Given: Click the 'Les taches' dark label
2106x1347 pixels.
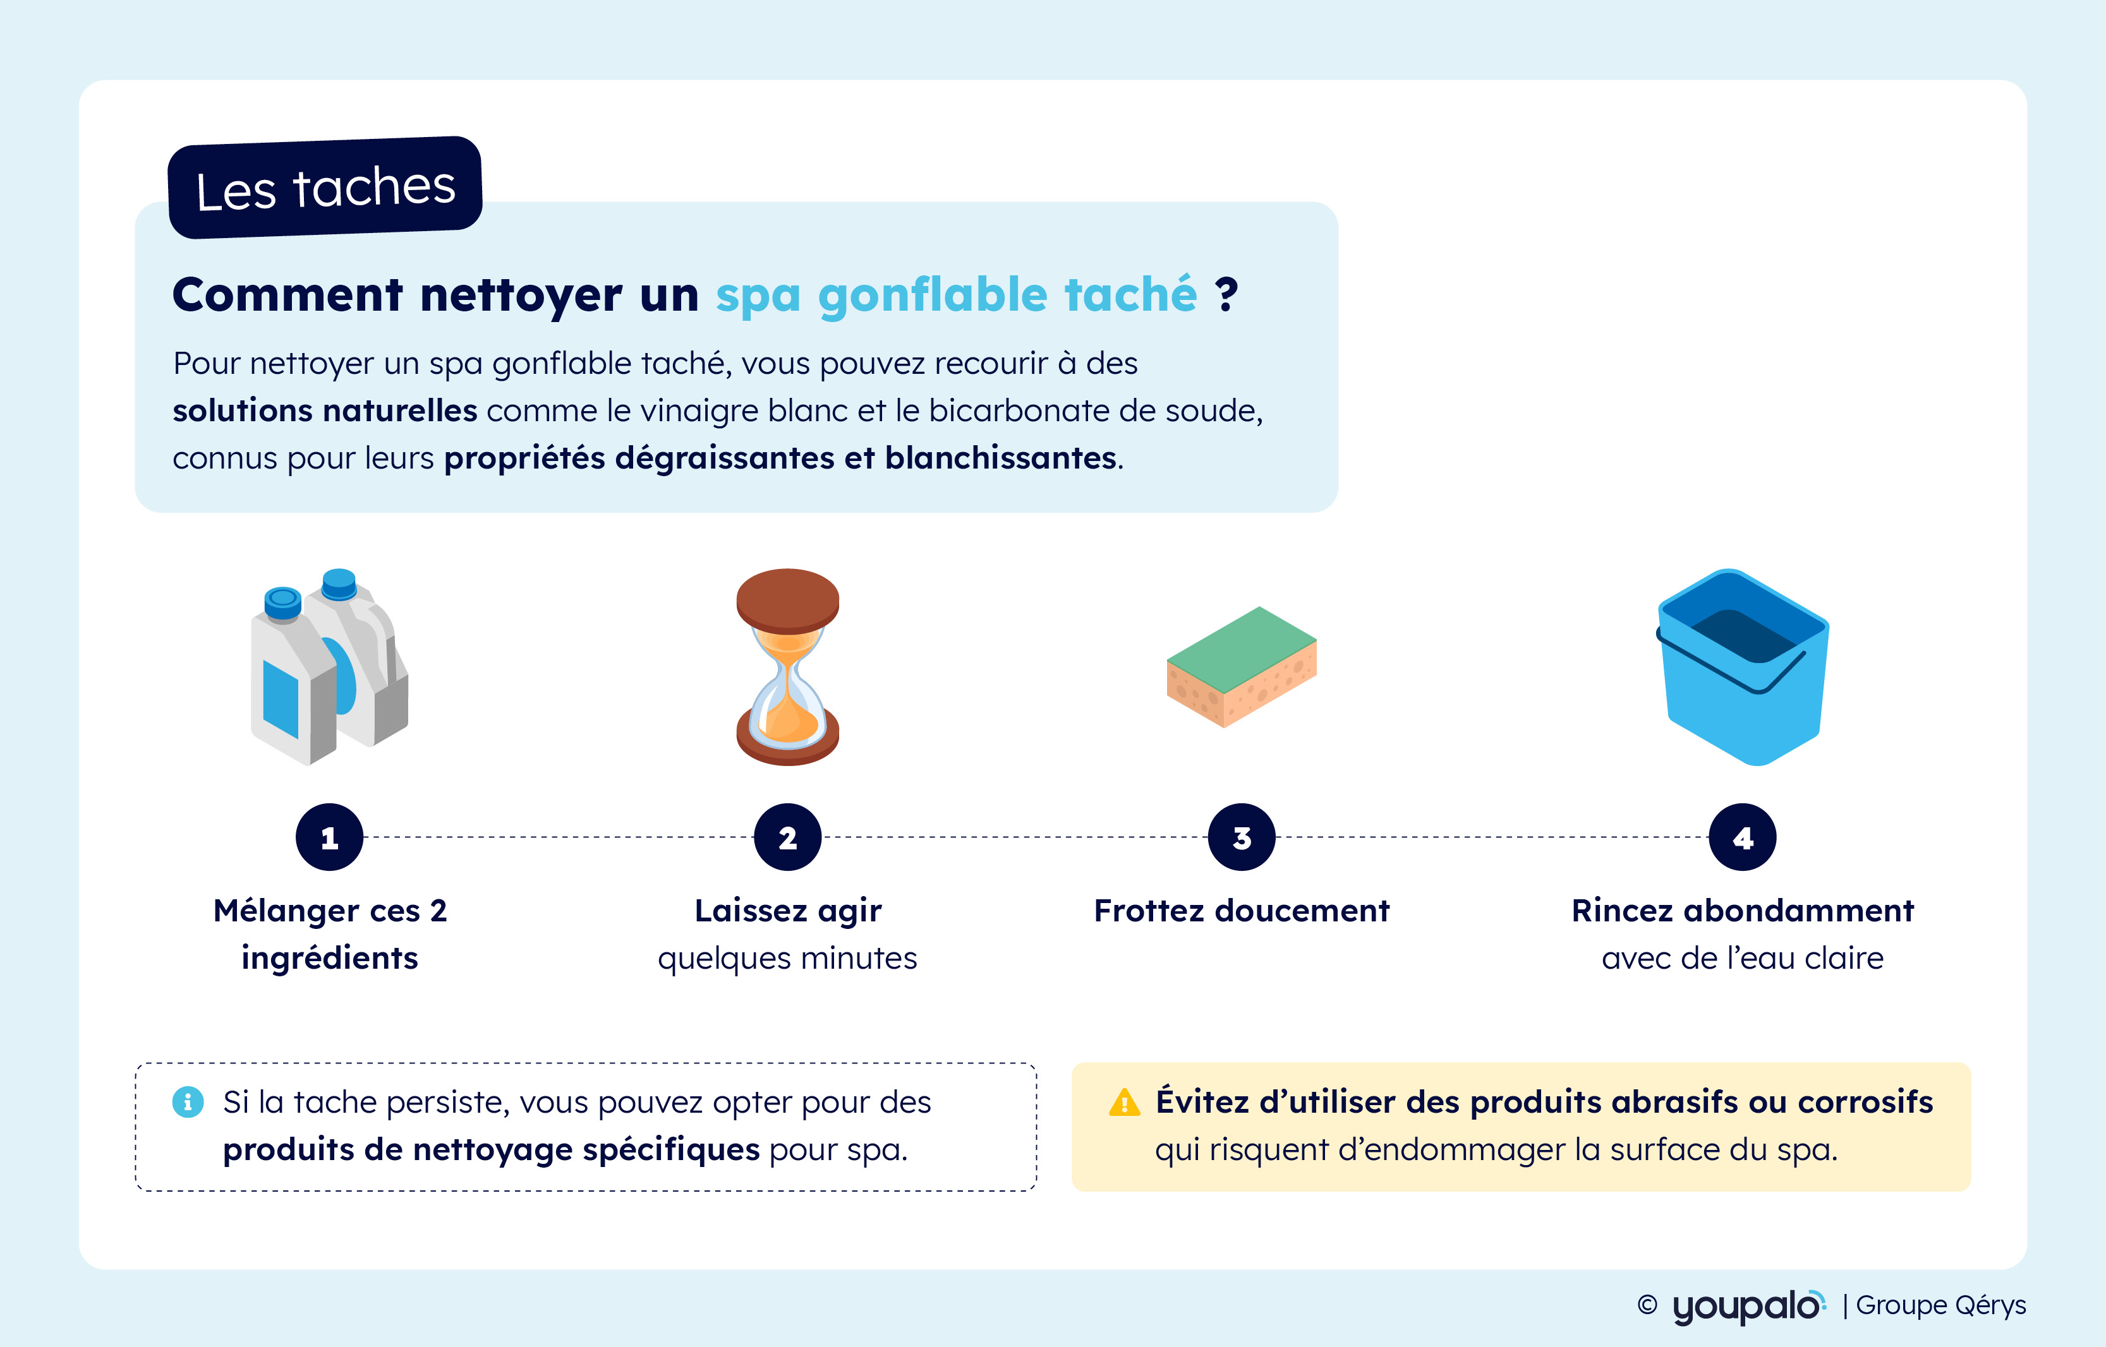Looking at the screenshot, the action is [x=325, y=187].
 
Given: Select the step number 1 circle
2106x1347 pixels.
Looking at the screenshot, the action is [x=329, y=837].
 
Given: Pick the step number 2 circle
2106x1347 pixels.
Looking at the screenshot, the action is [x=787, y=837].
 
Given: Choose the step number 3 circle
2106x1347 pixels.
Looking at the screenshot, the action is [x=1242, y=837].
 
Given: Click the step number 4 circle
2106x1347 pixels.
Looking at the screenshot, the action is [x=1743, y=837].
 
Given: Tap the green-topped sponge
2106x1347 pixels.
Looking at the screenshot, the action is [x=1242, y=666].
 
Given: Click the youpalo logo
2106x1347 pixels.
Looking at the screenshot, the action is [x=1749, y=1306].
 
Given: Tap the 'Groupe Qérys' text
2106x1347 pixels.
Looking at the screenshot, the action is [x=1940, y=1305].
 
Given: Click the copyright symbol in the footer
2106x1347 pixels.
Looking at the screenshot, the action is [x=1647, y=1305].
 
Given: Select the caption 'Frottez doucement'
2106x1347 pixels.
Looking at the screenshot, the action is [x=1242, y=911].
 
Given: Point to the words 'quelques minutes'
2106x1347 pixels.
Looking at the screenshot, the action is [x=787, y=959].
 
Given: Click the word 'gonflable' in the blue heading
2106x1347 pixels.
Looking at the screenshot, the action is [x=933, y=295].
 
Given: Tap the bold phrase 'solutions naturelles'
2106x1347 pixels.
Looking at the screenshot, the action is [x=325, y=410].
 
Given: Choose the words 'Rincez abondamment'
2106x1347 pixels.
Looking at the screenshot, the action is [x=1743, y=911].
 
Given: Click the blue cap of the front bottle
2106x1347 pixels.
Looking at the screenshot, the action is [x=282, y=602].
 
